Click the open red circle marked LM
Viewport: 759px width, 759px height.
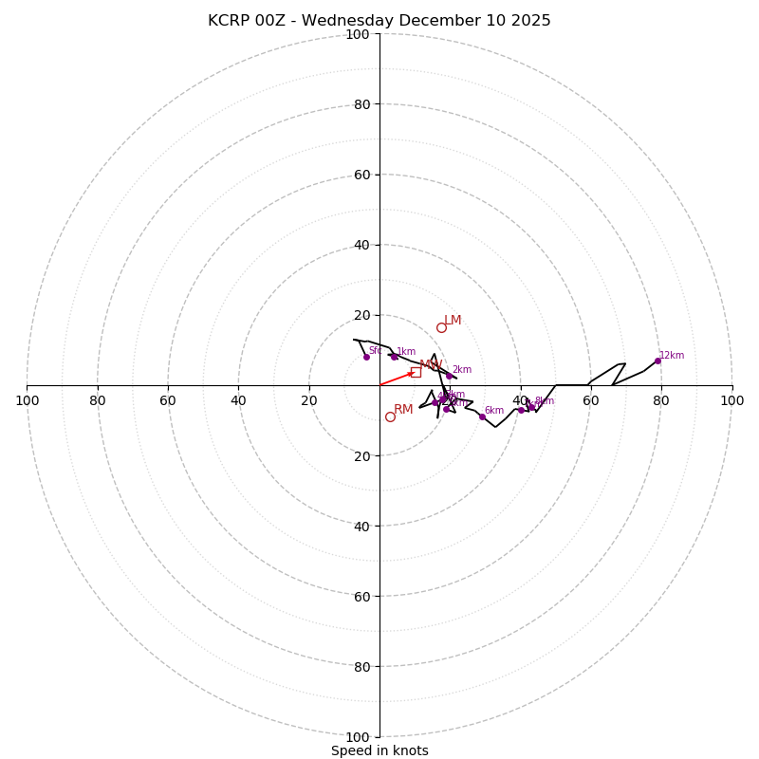point(441,327)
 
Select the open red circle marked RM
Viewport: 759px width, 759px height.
point(390,417)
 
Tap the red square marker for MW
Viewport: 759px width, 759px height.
point(416,372)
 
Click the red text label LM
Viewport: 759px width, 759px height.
point(453,321)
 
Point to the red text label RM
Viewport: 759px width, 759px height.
point(403,410)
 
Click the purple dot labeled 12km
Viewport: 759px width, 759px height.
point(657,361)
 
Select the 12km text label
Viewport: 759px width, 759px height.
point(672,356)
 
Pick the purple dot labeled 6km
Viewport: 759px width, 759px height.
point(482,417)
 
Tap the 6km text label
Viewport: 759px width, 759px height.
point(494,411)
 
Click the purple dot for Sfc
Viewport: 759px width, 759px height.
point(366,357)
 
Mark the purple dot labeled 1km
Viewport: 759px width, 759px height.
point(394,357)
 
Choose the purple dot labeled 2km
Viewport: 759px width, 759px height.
point(450,376)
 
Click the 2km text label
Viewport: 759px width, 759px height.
point(461,370)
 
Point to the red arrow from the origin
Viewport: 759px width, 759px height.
point(397,379)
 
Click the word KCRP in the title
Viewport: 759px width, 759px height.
point(230,21)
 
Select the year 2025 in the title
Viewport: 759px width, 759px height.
point(531,21)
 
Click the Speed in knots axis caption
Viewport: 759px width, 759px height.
point(379,750)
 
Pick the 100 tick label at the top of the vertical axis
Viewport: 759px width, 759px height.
point(358,34)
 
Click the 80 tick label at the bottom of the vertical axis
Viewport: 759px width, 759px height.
point(361,666)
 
